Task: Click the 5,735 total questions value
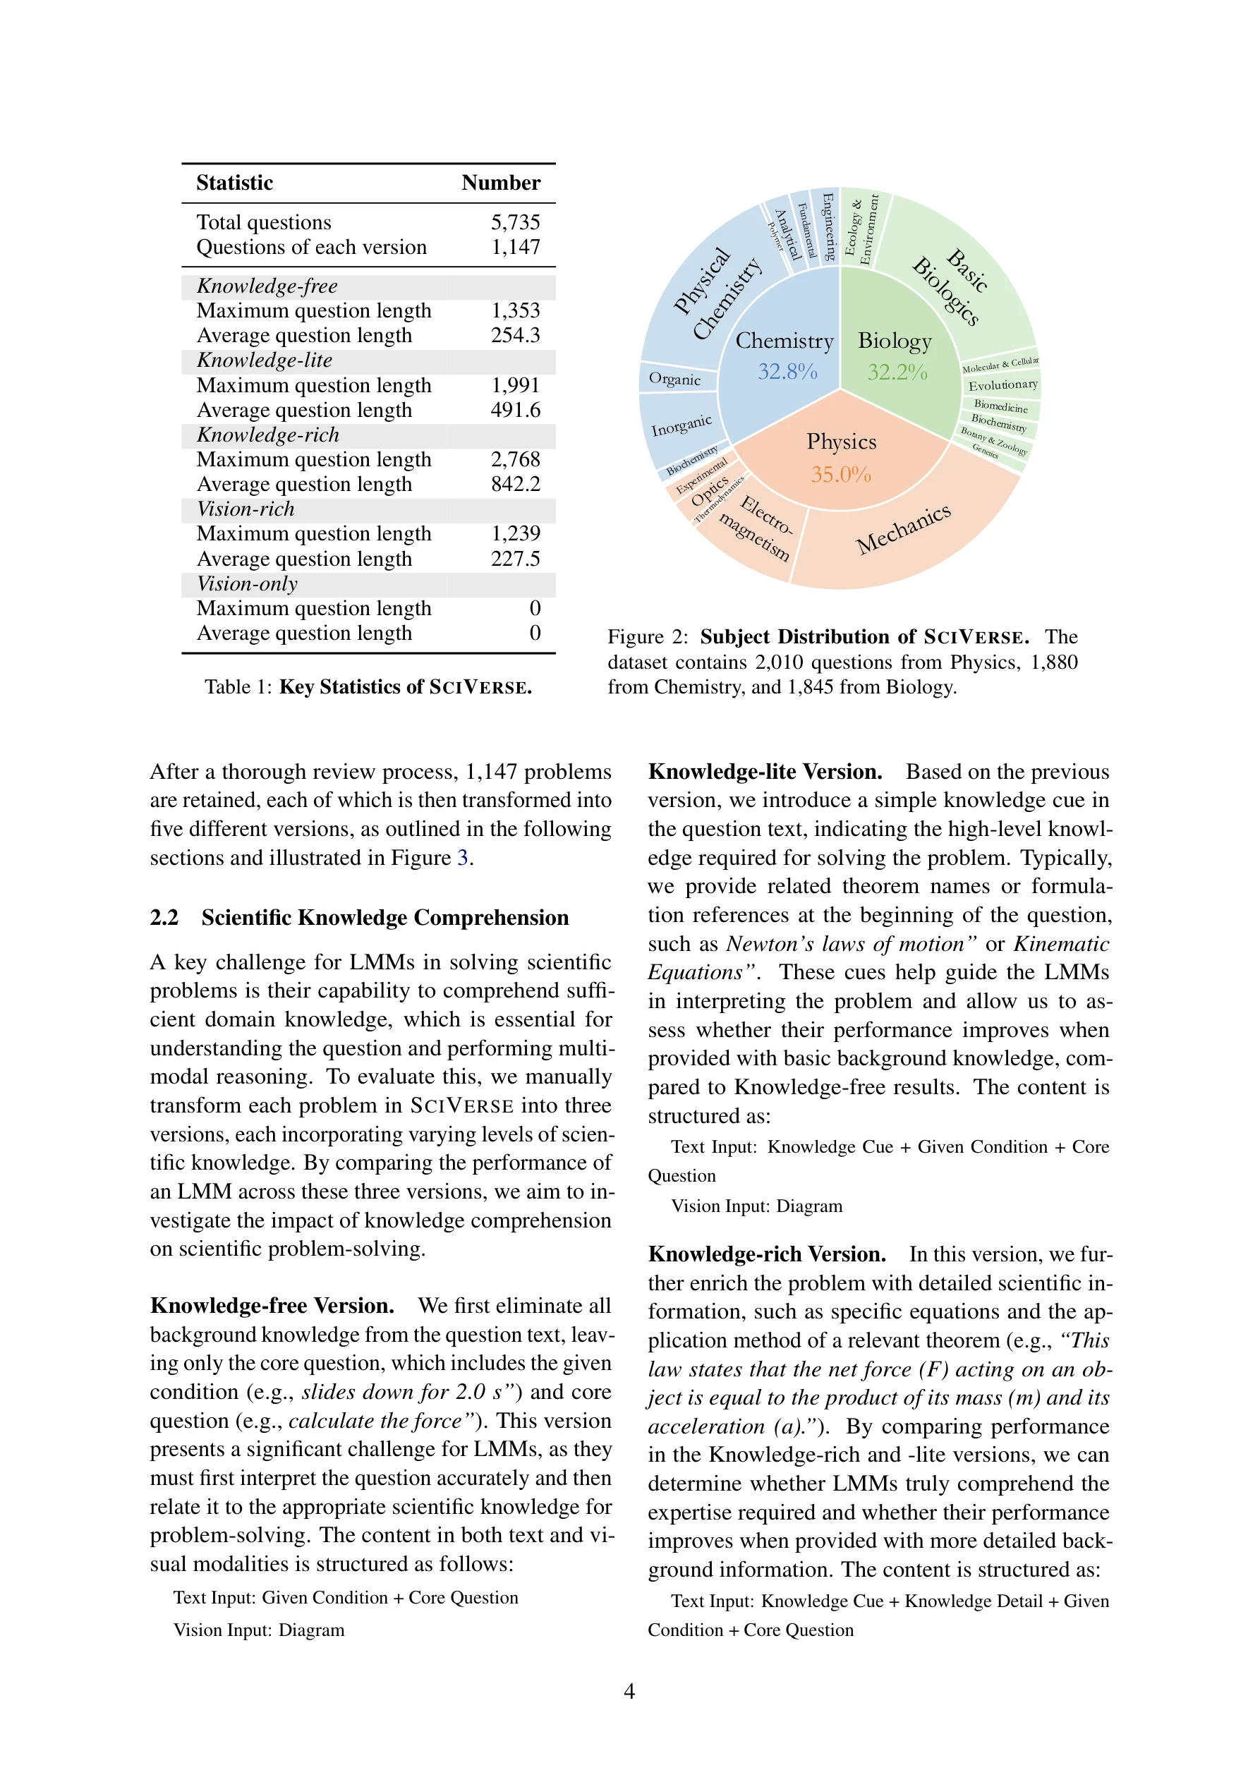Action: (x=515, y=223)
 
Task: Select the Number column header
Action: (x=500, y=183)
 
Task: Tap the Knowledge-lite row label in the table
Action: (x=264, y=361)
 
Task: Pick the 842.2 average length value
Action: (x=515, y=485)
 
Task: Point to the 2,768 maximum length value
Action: (x=515, y=459)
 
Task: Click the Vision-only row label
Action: (x=247, y=584)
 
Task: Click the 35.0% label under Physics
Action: (x=841, y=474)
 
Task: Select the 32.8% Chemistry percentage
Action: (x=787, y=372)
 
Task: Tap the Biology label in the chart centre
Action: (x=895, y=341)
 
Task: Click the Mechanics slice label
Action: (x=903, y=529)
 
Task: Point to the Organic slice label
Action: (x=674, y=380)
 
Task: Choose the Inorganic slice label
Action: (x=681, y=425)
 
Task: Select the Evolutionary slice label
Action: (x=1002, y=385)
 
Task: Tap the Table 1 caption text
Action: (x=368, y=687)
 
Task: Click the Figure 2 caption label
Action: (x=648, y=637)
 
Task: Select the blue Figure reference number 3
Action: (x=462, y=858)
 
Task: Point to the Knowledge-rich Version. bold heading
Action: (x=766, y=1254)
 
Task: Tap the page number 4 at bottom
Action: (x=629, y=1691)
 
